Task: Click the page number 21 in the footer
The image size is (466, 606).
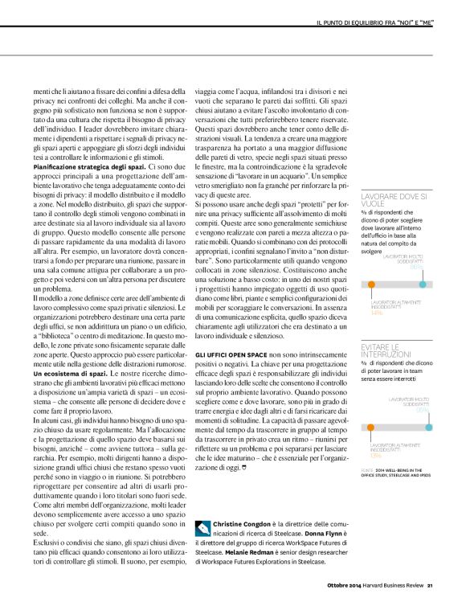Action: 430,584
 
